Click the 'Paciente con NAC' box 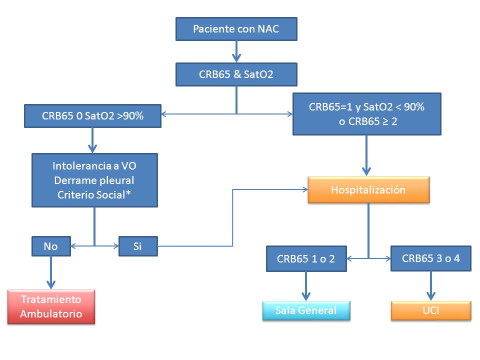tap(236, 29)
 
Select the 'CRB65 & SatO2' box tap(236, 74)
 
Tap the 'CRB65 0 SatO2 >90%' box tap(93, 116)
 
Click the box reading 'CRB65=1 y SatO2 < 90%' tap(366, 114)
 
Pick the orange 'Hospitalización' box tap(368, 190)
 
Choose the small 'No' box tap(51, 246)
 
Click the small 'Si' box tap(138, 246)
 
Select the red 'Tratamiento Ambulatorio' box tap(51, 306)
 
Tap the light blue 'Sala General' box tap(306, 310)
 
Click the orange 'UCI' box tap(431, 310)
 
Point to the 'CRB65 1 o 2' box tap(306, 258)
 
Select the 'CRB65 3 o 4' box tap(431, 258)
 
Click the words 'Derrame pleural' tap(94, 180)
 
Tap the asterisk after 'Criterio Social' tap(128, 193)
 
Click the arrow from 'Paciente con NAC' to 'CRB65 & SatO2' tap(236, 51)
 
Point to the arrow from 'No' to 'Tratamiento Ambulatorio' tap(51, 272)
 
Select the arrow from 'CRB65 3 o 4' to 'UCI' tap(431, 286)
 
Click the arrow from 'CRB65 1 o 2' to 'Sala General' tap(306, 286)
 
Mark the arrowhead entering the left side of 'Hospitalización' tap(305, 189)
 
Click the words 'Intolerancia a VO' tap(94, 166)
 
